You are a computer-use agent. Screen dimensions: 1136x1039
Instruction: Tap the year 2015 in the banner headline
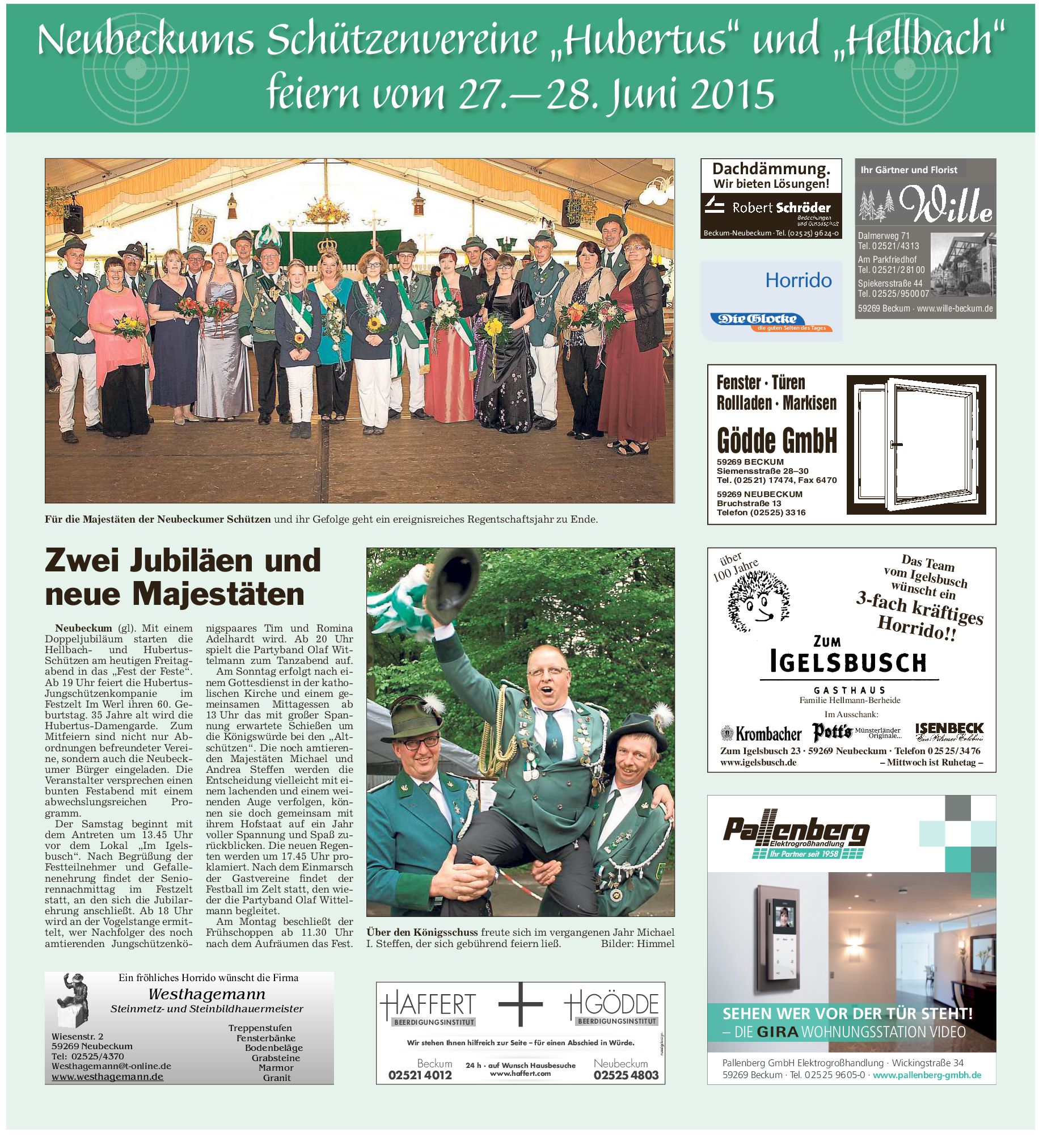pos(732,94)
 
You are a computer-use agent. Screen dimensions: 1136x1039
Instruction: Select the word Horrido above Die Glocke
pos(798,280)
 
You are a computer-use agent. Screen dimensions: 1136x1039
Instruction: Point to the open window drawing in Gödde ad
pos(916,444)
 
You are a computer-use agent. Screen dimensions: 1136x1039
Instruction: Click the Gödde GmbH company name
pos(776,440)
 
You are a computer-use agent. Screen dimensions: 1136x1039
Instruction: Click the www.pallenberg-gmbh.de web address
pos(927,1075)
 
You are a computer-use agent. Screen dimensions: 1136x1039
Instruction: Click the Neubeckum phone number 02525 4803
pos(626,1075)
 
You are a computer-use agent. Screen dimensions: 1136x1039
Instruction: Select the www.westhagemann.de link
pos(107,1076)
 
